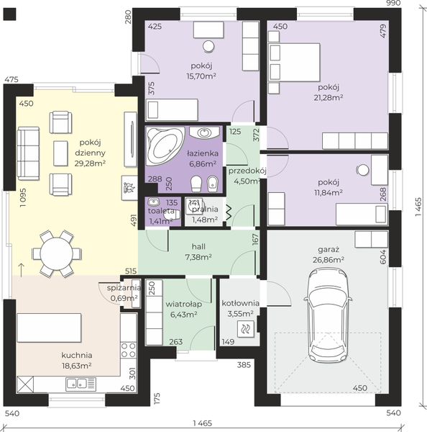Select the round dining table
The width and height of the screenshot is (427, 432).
[x=57, y=253]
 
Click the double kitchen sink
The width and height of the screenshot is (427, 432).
[x=81, y=384]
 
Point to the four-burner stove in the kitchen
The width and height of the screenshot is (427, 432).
[x=129, y=350]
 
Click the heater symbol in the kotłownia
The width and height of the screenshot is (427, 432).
[x=246, y=329]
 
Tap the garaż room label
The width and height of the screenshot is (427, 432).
[x=329, y=250]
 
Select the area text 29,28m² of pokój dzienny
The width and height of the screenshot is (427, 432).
[x=90, y=163]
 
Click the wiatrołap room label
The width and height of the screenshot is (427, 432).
[x=183, y=304]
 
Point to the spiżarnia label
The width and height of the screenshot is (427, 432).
[x=124, y=288]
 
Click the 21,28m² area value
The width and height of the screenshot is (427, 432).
[x=329, y=97]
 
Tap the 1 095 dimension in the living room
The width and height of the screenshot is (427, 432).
[x=23, y=197]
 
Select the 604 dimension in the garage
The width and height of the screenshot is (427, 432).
[x=382, y=257]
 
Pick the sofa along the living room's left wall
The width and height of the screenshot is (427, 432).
[x=28, y=153]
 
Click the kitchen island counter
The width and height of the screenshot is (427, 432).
[x=50, y=328]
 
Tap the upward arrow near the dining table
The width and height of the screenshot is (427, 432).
[x=21, y=270]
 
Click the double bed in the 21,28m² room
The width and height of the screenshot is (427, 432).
[x=294, y=62]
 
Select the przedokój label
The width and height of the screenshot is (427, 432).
[x=247, y=171]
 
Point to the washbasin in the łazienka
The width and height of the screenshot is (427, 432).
[x=204, y=132]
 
